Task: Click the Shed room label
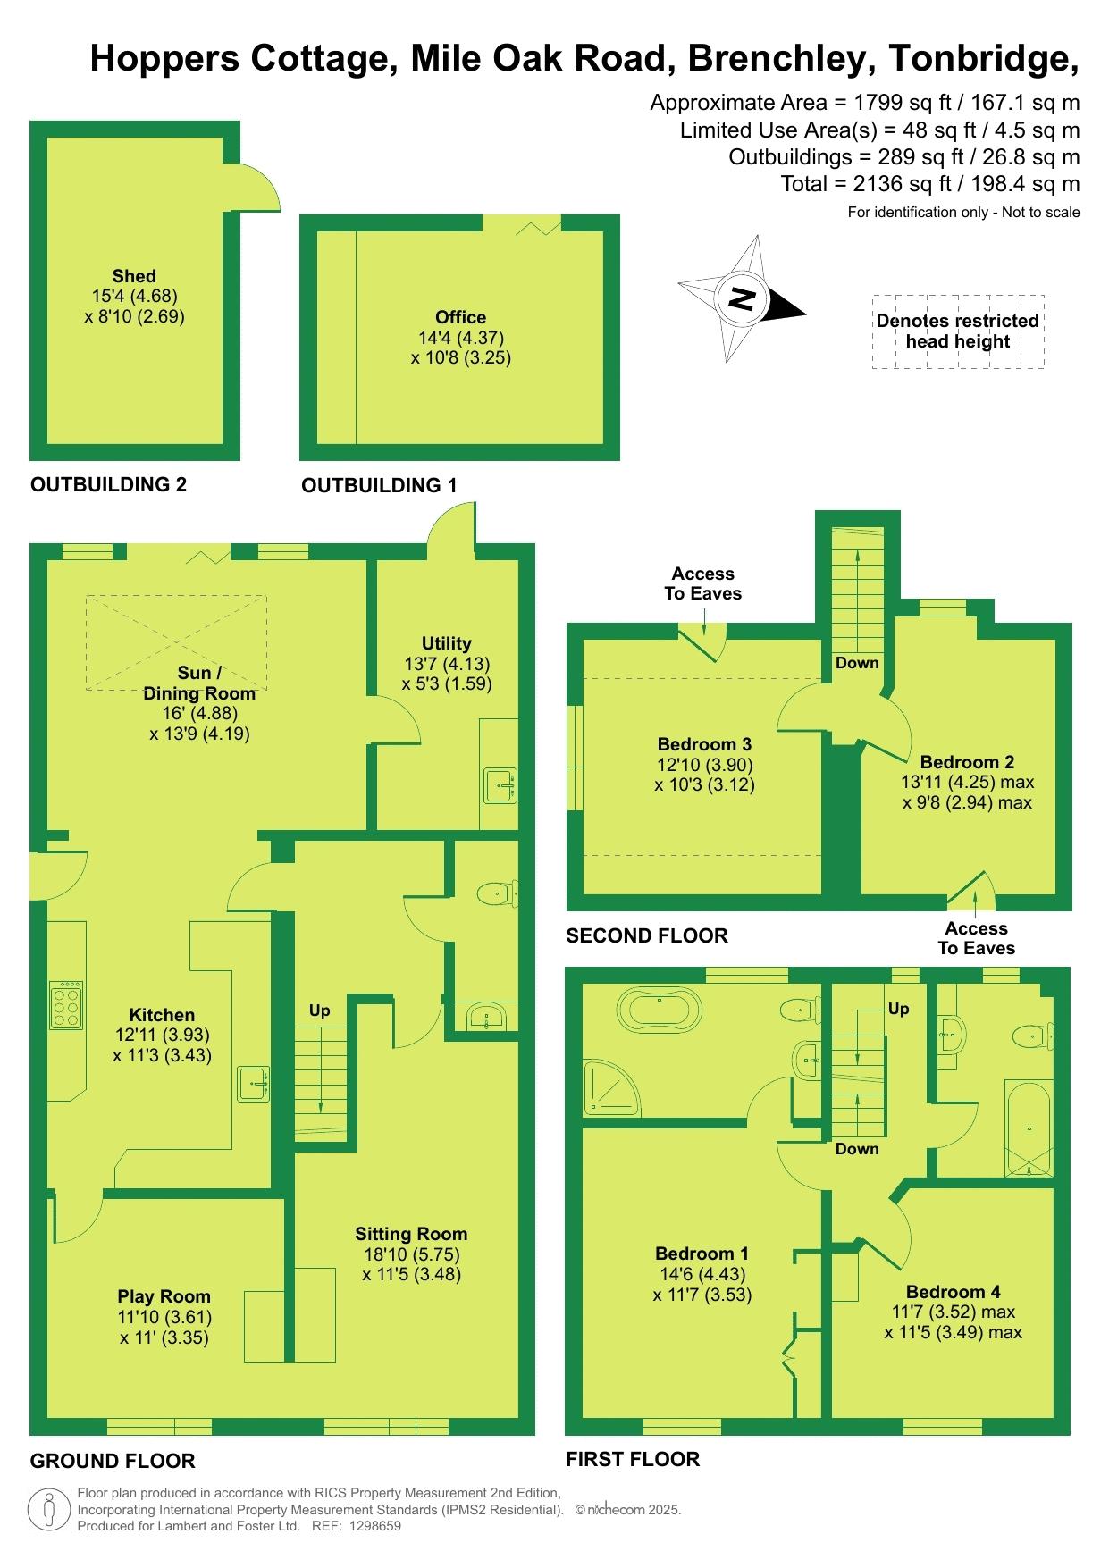(x=134, y=276)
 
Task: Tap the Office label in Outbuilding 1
(x=461, y=317)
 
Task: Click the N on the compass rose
(x=741, y=298)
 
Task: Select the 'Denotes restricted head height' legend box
(x=958, y=331)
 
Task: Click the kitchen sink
(x=254, y=1085)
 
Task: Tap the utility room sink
(x=500, y=786)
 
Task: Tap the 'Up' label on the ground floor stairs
(x=319, y=1010)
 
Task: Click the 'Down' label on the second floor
(x=857, y=663)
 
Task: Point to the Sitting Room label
(x=411, y=1234)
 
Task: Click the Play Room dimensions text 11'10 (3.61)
(x=164, y=1317)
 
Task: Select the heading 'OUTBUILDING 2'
(x=109, y=484)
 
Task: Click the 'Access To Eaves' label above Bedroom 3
(x=703, y=583)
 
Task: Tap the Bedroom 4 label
(x=954, y=1292)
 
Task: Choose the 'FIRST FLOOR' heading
(x=633, y=1459)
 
